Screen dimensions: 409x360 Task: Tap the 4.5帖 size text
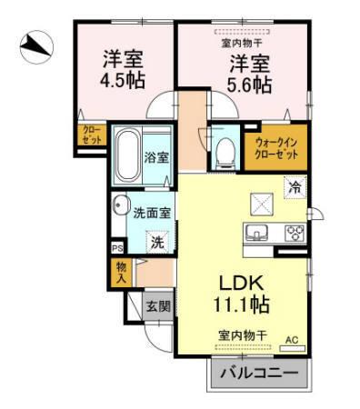point(119,77)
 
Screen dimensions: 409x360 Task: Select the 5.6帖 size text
point(248,85)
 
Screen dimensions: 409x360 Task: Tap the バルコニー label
point(257,373)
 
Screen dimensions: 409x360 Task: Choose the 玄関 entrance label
point(157,306)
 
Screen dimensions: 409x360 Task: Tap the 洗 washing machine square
point(157,243)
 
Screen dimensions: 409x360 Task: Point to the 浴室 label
point(156,156)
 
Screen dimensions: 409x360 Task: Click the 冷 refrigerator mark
point(295,187)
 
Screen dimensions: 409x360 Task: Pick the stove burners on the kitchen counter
point(293,231)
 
